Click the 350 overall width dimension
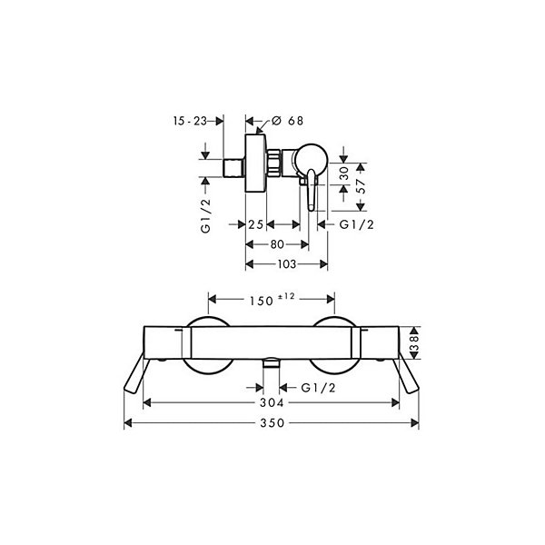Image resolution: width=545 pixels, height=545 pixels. pos(272,423)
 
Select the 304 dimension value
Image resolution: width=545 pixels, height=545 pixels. pos(272,402)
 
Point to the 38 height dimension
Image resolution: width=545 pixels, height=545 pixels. pos(415,342)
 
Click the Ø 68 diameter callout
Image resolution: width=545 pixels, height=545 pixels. pos(287,121)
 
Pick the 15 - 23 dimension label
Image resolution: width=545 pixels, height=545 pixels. pos(190,121)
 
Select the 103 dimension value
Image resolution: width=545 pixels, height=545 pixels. pos(287,264)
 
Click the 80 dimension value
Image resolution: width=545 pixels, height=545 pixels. pos(277,244)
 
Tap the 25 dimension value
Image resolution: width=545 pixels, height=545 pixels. pos(255,224)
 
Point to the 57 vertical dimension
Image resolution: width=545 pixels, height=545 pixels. pos(362,186)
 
